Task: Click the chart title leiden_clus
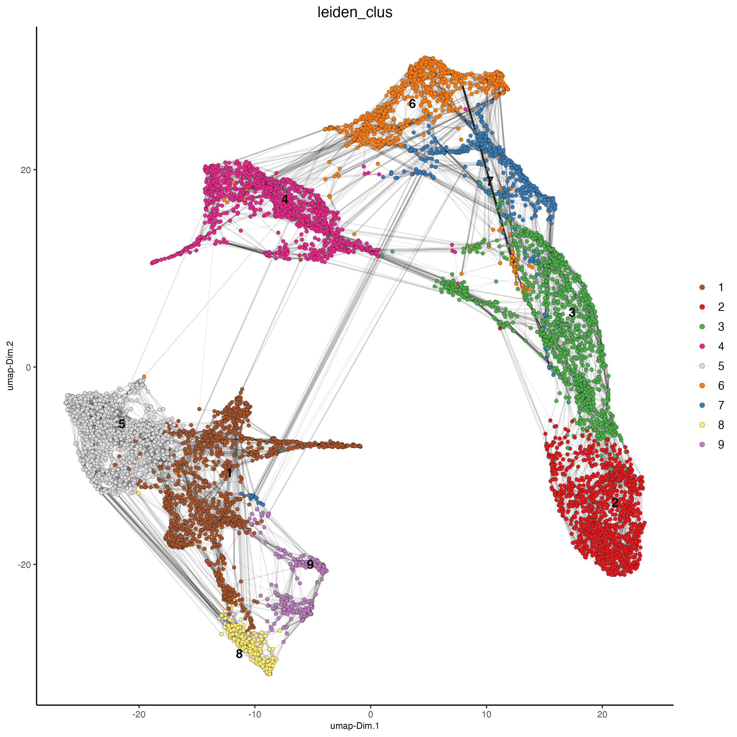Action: pyautogui.click(x=355, y=13)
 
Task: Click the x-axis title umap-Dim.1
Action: pyautogui.click(x=355, y=726)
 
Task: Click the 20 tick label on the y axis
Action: pyautogui.click(x=25, y=170)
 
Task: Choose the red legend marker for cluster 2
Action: pyautogui.click(x=702, y=307)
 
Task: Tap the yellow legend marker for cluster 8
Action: pyautogui.click(x=702, y=424)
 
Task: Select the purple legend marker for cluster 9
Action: pyautogui.click(x=702, y=444)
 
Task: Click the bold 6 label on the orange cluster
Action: pyautogui.click(x=412, y=103)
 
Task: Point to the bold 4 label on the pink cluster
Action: pyautogui.click(x=285, y=199)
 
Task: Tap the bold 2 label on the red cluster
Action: pyautogui.click(x=614, y=503)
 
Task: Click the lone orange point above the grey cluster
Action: pyautogui.click(x=144, y=376)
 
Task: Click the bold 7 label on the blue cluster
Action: pyautogui.click(x=490, y=181)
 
